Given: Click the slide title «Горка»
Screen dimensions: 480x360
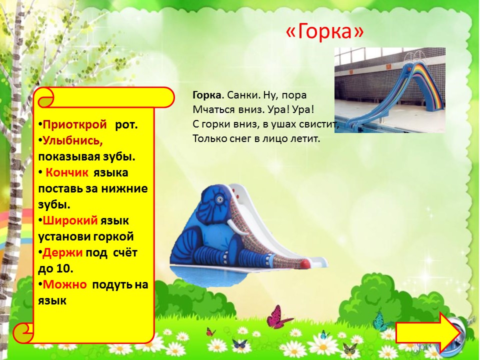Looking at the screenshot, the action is click(x=325, y=31).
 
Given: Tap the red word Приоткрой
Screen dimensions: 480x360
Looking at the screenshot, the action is click(x=74, y=124).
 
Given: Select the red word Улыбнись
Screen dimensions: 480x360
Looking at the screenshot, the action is click(x=73, y=140).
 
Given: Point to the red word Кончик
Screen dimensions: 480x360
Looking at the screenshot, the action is click(x=67, y=172).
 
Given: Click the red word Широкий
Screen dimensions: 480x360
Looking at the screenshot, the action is click(x=70, y=220).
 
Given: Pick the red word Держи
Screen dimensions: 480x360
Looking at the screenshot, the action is click(x=62, y=252).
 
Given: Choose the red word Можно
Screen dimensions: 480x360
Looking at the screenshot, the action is click(x=64, y=284).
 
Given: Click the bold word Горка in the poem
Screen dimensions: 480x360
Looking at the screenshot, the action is click(x=207, y=95).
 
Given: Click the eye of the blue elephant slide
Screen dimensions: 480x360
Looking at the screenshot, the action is click(x=219, y=199).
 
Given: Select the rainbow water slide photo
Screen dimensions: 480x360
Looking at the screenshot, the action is click(x=389, y=90).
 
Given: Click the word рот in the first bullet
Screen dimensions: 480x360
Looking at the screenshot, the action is click(x=126, y=125).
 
